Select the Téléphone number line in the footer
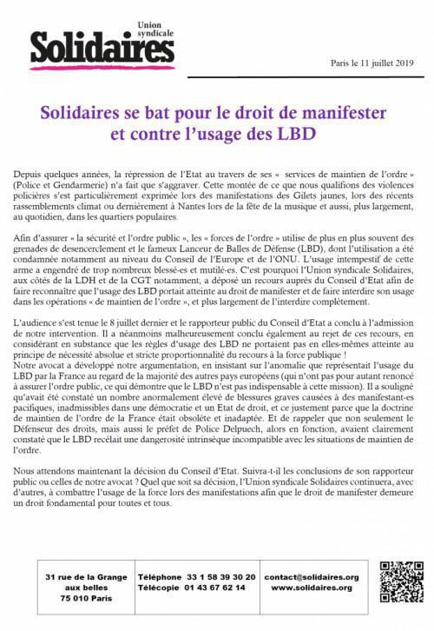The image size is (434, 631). coord(196,576)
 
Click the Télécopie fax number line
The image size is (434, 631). coord(196,588)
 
